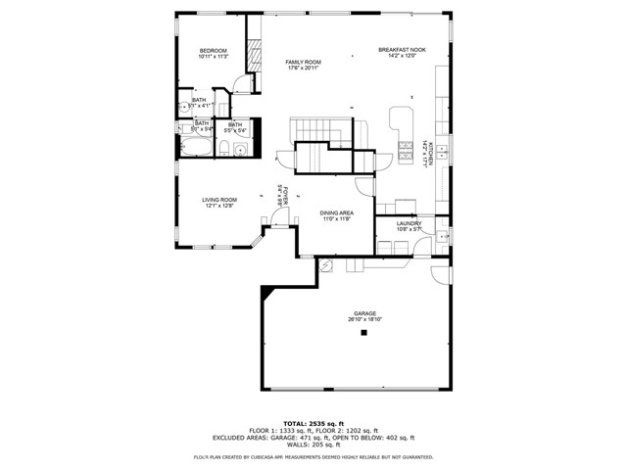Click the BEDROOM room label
pyautogui.click(x=213, y=51)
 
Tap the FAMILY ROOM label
pyautogui.click(x=304, y=62)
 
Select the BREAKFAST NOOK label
pyautogui.click(x=402, y=50)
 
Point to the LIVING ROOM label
pyautogui.click(x=219, y=200)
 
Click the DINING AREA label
pyautogui.click(x=336, y=212)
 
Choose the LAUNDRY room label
pyautogui.click(x=409, y=223)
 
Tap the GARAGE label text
pyautogui.click(x=364, y=314)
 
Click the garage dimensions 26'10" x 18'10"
pyautogui.click(x=364, y=320)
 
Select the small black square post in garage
pyautogui.click(x=363, y=334)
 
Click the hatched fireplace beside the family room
pyautogui.click(x=253, y=56)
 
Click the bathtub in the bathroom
pyautogui.click(x=194, y=147)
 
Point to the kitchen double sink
pyautogui.click(x=442, y=152)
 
